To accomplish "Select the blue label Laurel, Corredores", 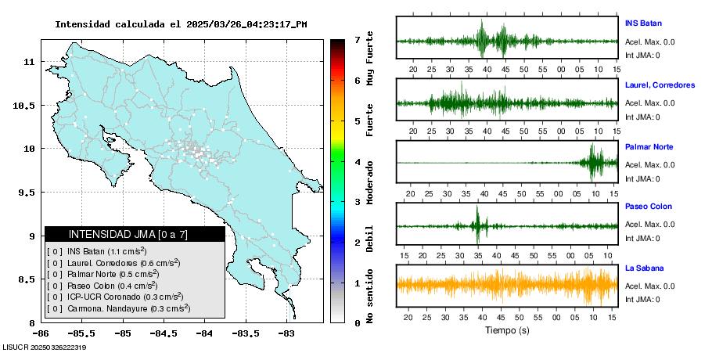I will [x=660, y=85].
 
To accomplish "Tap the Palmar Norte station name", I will [x=649, y=147].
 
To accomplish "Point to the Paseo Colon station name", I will [x=648, y=207].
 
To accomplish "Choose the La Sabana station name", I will [x=643, y=268].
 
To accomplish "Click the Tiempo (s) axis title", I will [x=507, y=330].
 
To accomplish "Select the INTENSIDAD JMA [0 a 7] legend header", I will [x=135, y=234].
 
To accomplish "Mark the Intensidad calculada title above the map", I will [x=181, y=24].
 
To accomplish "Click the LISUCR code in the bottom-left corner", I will [x=44, y=347].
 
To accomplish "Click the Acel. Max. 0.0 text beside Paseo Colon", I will [x=650, y=225].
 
